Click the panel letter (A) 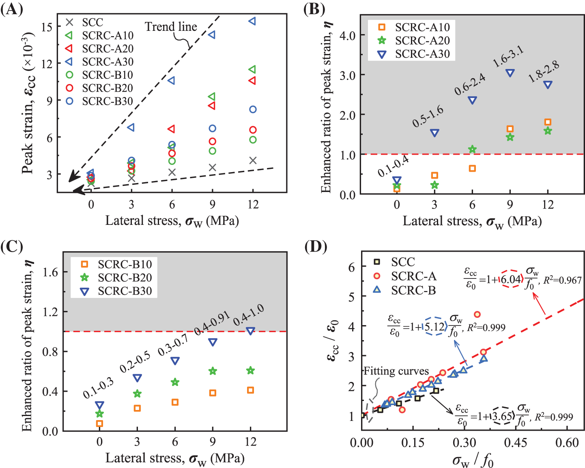pyautogui.click(x=12, y=9)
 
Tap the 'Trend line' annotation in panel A pyautogui.click(x=171, y=27)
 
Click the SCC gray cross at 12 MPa pyautogui.click(x=253, y=161)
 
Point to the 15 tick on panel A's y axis pyautogui.click(x=47, y=27)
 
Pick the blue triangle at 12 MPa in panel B pyautogui.click(x=548, y=85)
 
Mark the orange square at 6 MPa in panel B pyautogui.click(x=472, y=168)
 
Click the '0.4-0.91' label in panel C pyautogui.click(x=212, y=323)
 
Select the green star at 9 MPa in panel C pyautogui.click(x=213, y=371)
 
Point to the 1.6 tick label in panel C pyautogui.click(x=50, y=272)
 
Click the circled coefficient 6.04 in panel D pyautogui.click(x=510, y=279)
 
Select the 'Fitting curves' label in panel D pyautogui.click(x=396, y=371)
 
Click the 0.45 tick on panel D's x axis pyautogui.click(x=515, y=442)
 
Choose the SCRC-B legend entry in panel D pyautogui.click(x=413, y=290)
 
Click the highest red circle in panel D pyautogui.click(x=477, y=315)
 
